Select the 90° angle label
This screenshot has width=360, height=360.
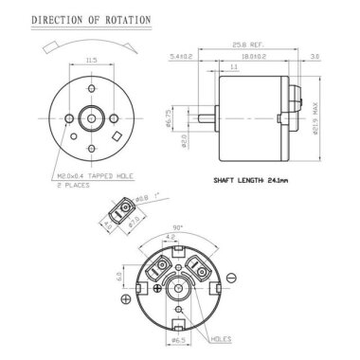[179, 227]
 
